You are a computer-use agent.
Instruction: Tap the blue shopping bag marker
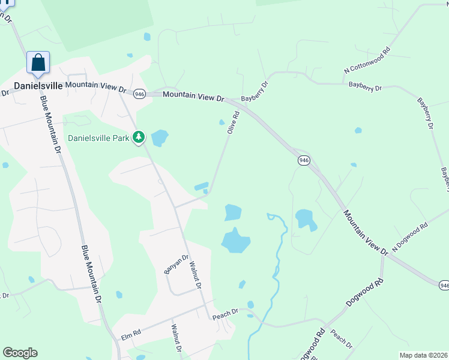[38, 62]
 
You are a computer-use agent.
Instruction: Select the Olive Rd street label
[233, 122]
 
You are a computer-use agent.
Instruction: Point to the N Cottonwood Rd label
[367, 61]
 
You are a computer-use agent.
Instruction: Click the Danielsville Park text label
[98, 137]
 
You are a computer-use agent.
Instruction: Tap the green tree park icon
[139, 137]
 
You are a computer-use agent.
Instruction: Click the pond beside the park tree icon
[160, 139]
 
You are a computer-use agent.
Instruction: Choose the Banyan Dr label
[172, 265]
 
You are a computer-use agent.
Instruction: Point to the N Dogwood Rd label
[410, 237]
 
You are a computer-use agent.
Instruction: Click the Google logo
[20, 353]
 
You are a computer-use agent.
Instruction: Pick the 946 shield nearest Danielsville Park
[139, 94]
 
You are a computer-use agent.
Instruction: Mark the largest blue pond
[236, 241]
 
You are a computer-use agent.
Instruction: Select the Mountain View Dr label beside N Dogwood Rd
[366, 233]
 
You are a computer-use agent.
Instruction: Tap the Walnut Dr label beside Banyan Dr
[194, 274]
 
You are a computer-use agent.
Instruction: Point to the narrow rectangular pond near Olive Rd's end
[202, 186]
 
